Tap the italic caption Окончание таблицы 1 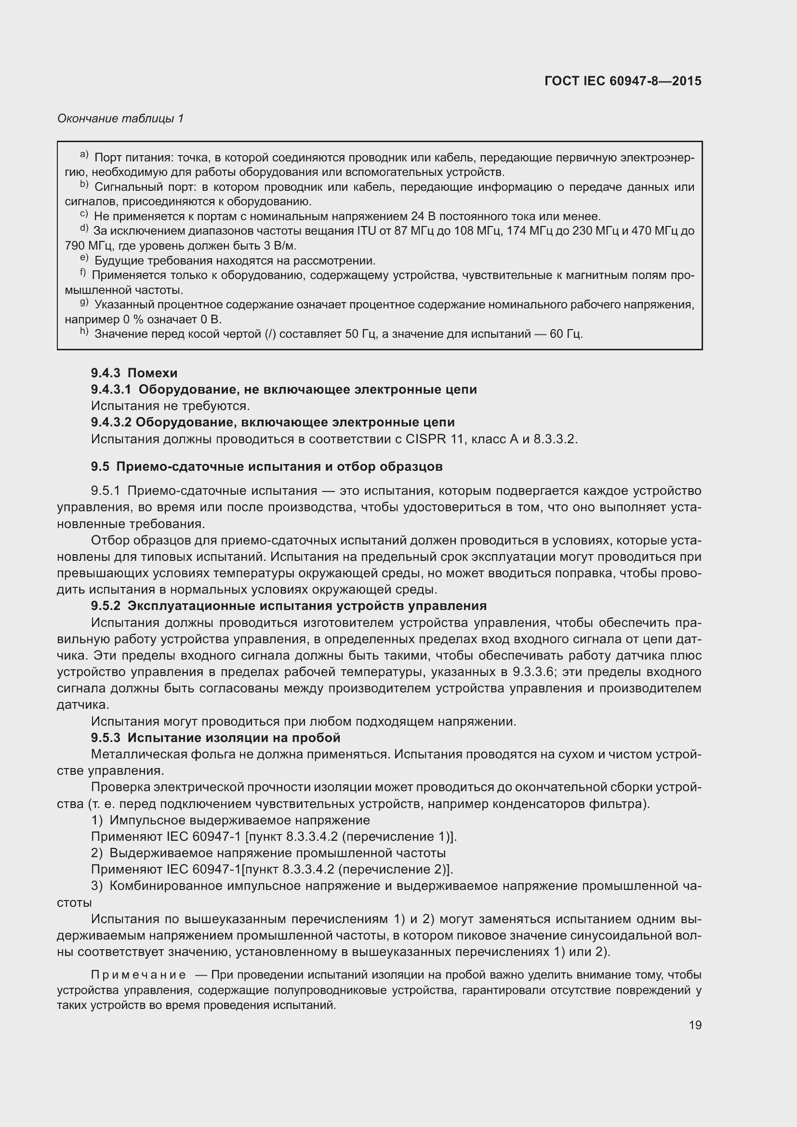(x=120, y=119)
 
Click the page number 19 (x=695, y=1025)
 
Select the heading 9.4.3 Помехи (x=134, y=373)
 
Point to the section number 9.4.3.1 (x=111, y=389)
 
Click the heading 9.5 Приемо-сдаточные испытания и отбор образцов (x=266, y=466)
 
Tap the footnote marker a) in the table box (x=84, y=156)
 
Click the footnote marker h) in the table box (x=84, y=332)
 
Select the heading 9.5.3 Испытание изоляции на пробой (x=215, y=738)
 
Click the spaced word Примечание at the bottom (x=138, y=975)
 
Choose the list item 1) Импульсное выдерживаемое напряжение (x=231, y=820)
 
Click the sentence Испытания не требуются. (x=170, y=406)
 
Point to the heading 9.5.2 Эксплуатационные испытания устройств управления (x=289, y=606)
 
